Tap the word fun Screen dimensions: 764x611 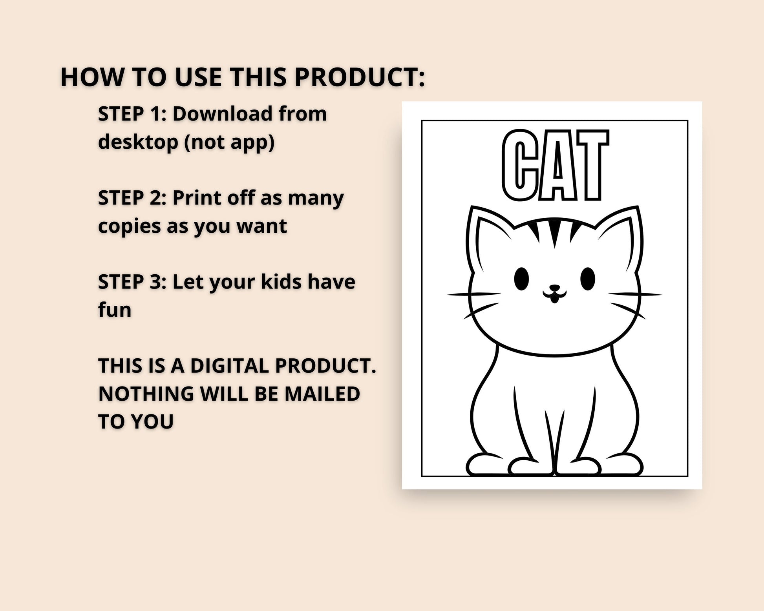[x=115, y=310]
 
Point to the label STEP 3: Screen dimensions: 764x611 [x=132, y=282]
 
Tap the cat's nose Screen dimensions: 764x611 [x=554, y=288]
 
